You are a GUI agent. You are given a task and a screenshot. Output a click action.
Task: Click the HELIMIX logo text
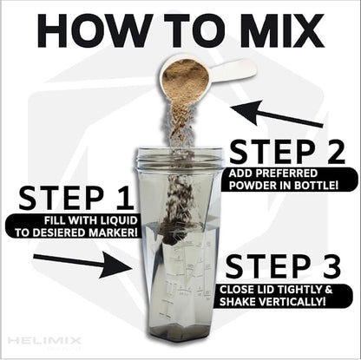44,340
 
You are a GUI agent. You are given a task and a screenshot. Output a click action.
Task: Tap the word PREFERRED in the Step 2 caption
293,173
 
